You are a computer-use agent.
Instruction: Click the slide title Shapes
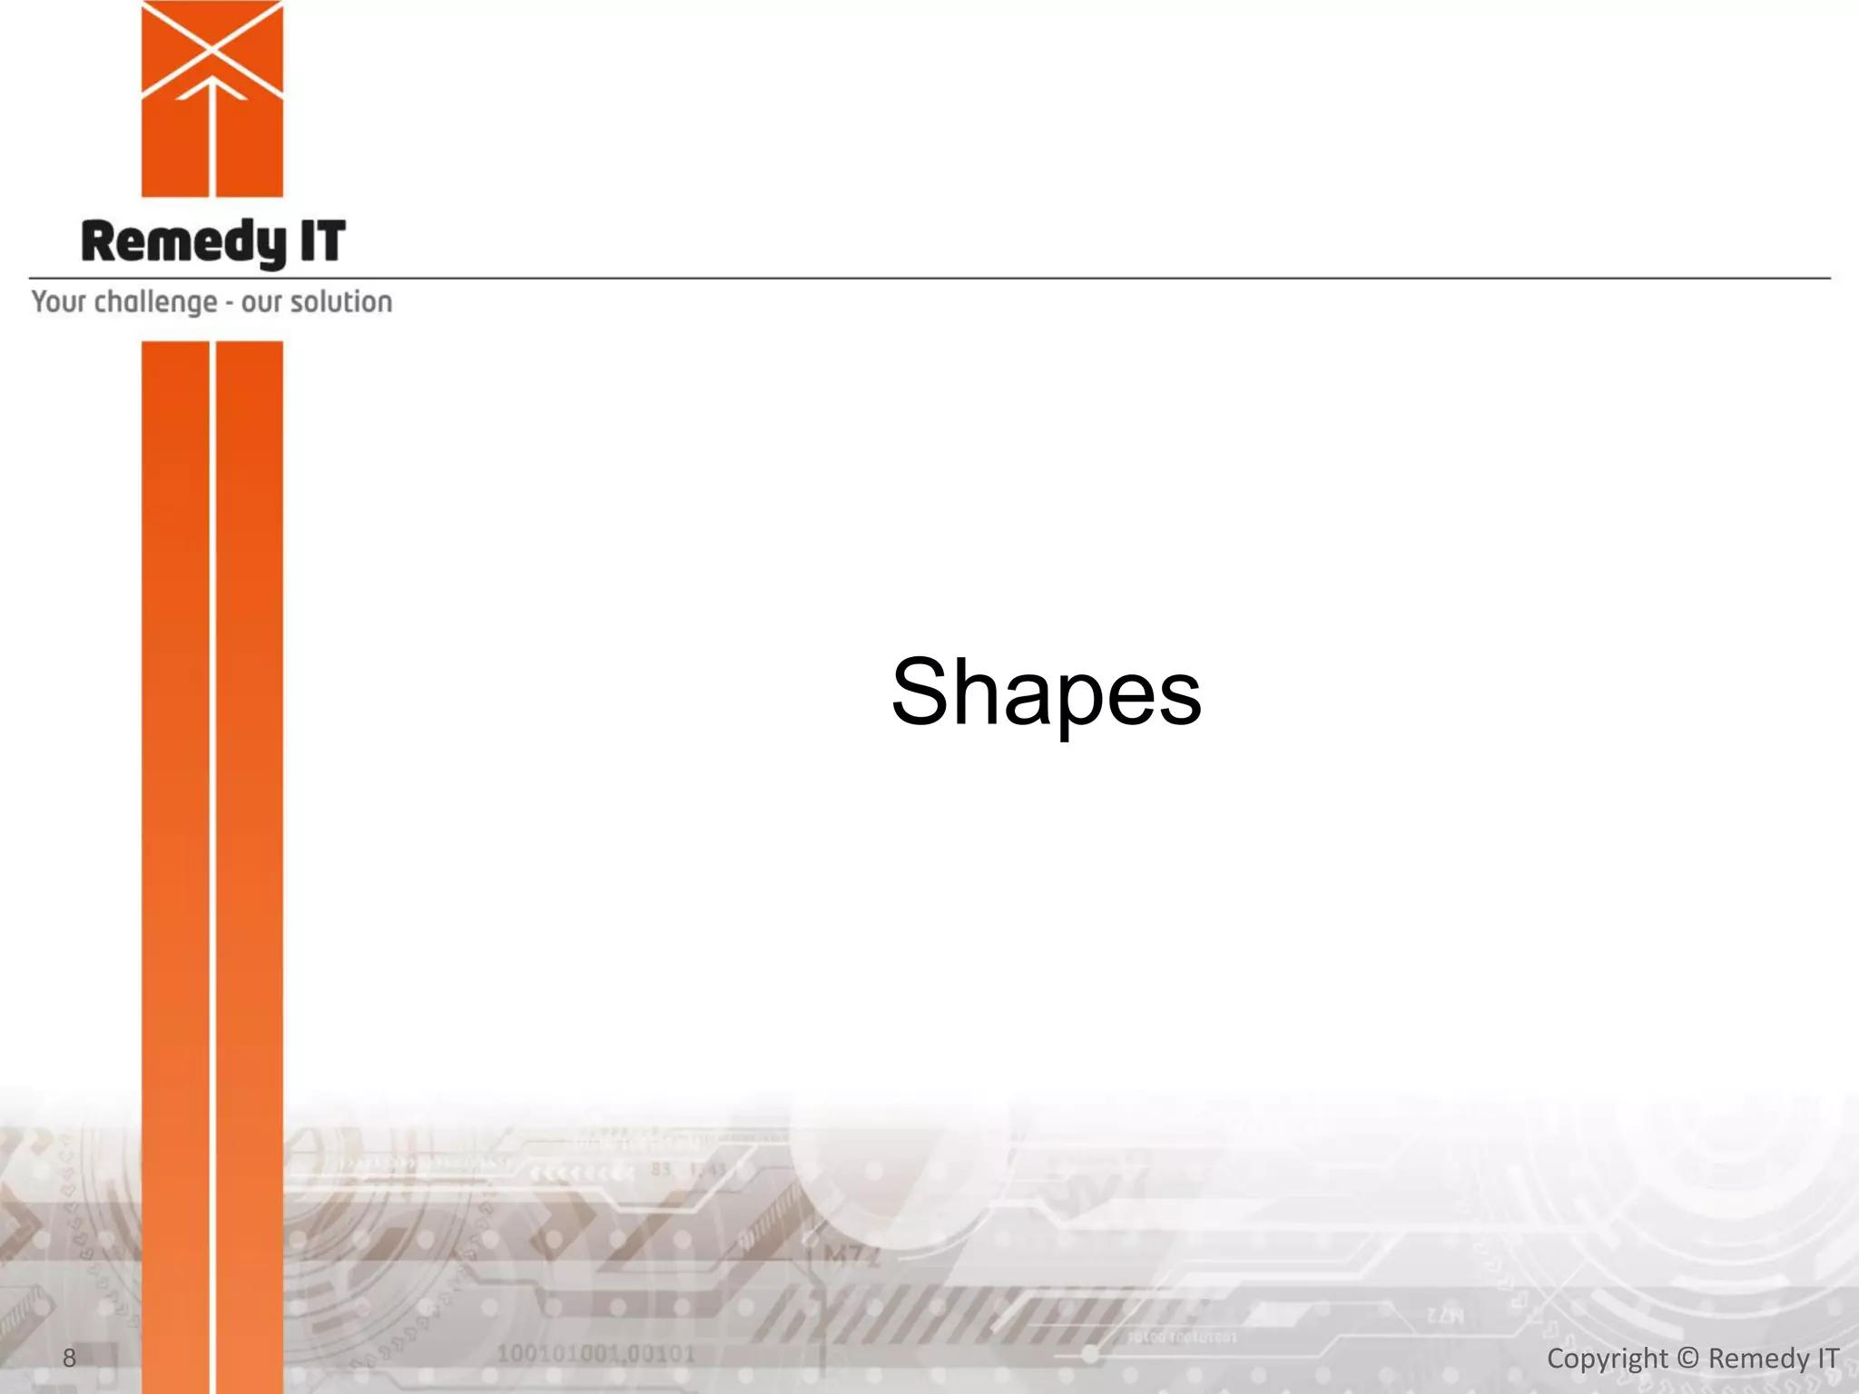click(x=1046, y=694)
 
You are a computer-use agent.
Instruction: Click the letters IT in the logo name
click(x=322, y=241)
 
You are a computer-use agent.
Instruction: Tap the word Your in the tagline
click(x=59, y=301)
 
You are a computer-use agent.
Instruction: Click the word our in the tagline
click(x=261, y=303)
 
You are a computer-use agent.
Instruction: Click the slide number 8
click(x=69, y=1358)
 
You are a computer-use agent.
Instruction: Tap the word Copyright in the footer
click(x=1607, y=1359)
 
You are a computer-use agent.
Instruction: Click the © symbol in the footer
click(x=1687, y=1358)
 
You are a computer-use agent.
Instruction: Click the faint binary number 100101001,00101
click(x=595, y=1354)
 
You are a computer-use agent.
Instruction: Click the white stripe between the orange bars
click(x=212, y=817)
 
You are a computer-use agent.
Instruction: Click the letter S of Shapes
click(x=924, y=692)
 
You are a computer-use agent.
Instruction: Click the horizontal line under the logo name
click(x=998, y=278)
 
